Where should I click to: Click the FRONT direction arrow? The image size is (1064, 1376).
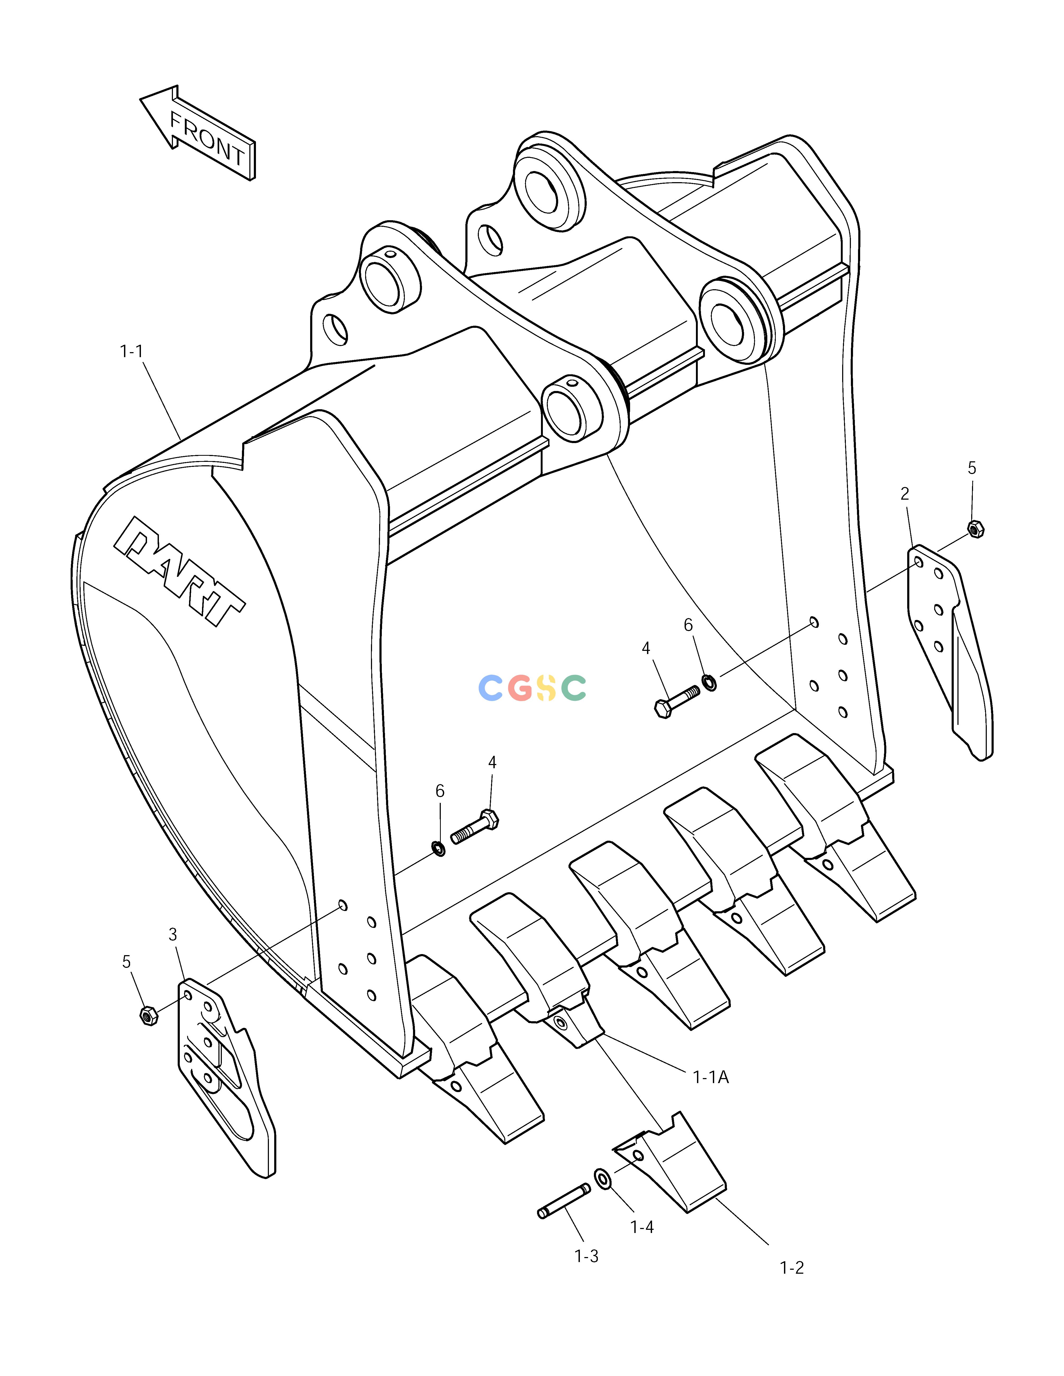[197, 132]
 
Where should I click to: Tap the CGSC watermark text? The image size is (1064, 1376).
[533, 688]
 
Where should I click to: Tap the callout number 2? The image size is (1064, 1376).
[905, 494]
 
